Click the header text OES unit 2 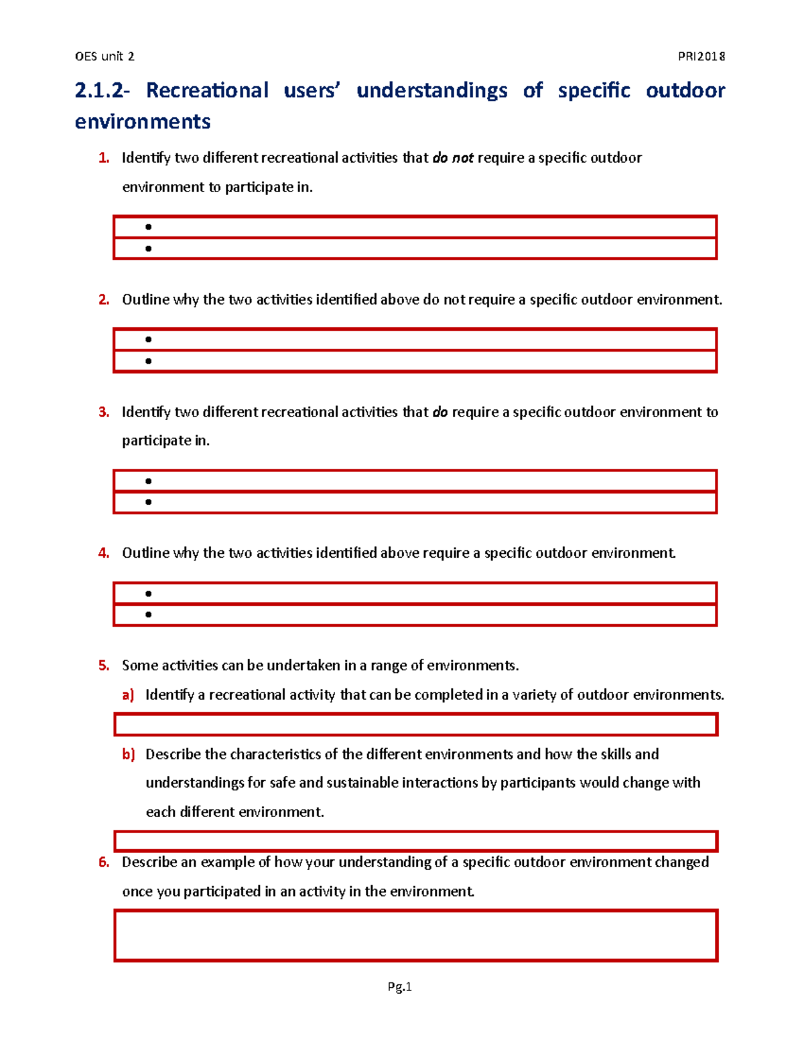(x=105, y=56)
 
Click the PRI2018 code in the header (x=701, y=56)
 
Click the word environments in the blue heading (x=143, y=122)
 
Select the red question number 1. (x=103, y=158)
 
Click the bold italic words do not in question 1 (x=453, y=158)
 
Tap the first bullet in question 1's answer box (x=148, y=227)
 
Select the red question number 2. (x=103, y=299)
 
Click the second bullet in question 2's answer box (x=148, y=362)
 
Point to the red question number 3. (x=103, y=412)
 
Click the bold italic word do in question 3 (x=440, y=412)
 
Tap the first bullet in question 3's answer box (x=148, y=481)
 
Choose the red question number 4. (x=103, y=553)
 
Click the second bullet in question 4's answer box (x=148, y=615)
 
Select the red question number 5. (x=103, y=666)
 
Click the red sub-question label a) (x=128, y=695)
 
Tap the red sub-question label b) (x=128, y=755)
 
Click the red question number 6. (x=103, y=863)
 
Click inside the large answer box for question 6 (x=415, y=936)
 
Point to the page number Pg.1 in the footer (x=399, y=986)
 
